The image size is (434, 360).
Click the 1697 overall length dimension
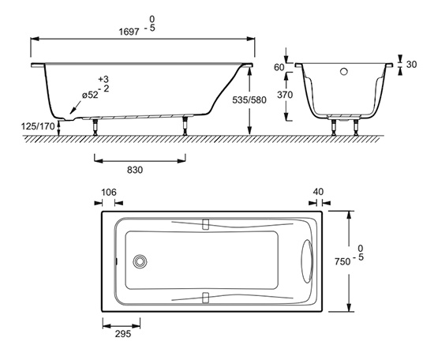129,32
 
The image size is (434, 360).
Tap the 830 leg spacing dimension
135,170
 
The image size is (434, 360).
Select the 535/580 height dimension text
249,100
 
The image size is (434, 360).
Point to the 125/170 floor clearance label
38,126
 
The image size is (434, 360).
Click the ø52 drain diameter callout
90,95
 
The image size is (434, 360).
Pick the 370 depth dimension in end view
285,95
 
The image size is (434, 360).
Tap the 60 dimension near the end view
279,67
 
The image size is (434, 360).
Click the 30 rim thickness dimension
411,64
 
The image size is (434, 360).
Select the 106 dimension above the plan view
109,192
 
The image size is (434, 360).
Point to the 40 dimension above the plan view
318,192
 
